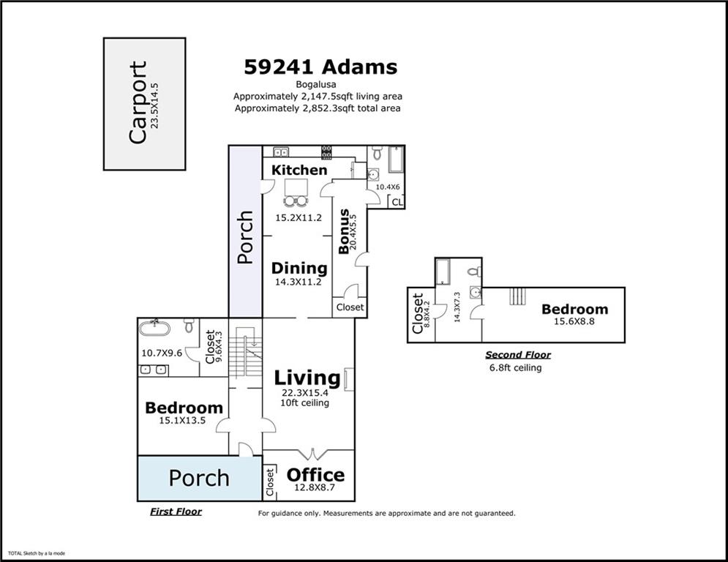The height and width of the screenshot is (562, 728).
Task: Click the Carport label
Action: (x=138, y=102)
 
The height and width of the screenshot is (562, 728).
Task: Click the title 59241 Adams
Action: (x=320, y=67)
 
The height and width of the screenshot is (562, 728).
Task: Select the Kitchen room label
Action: (x=299, y=170)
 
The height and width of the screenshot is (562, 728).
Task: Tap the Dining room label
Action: (x=299, y=268)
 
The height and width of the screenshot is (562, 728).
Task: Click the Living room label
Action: (x=307, y=378)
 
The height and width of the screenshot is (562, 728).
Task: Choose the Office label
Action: (x=315, y=474)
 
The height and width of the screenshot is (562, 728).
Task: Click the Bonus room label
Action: (x=344, y=231)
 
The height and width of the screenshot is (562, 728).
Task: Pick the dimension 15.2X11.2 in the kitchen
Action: (x=298, y=217)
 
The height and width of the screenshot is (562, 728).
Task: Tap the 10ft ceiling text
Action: (x=306, y=403)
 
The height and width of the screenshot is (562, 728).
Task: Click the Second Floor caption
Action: (x=518, y=355)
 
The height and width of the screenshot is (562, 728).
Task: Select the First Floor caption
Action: (x=176, y=512)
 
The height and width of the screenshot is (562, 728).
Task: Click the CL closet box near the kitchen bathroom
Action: (x=397, y=202)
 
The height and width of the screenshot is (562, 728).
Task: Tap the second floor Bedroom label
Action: (x=574, y=309)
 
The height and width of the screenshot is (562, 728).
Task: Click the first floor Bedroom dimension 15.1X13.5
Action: (x=183, y=421)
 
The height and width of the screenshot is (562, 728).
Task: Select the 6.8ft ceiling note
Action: (x=515, y=368)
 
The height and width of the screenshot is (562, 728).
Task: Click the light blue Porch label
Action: (x=199, y=478)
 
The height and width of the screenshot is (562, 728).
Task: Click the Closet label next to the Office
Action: (x=269, y=480)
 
